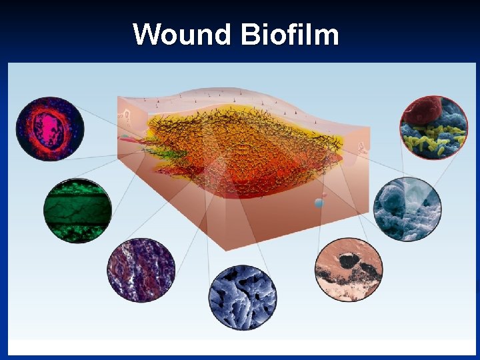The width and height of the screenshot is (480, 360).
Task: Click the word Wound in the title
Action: coord(180,34)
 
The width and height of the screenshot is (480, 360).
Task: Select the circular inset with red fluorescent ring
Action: coord(50,129)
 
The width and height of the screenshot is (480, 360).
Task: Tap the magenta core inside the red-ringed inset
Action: coord(48,127)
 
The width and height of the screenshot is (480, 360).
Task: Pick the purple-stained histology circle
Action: coord(141,270)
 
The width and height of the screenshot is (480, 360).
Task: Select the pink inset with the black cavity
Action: coord(349,270)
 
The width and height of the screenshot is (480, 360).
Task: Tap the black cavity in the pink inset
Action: coord(348,261)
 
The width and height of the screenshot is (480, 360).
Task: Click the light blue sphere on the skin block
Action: coord(320,203)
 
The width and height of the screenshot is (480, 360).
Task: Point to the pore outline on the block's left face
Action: coord(125,116)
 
